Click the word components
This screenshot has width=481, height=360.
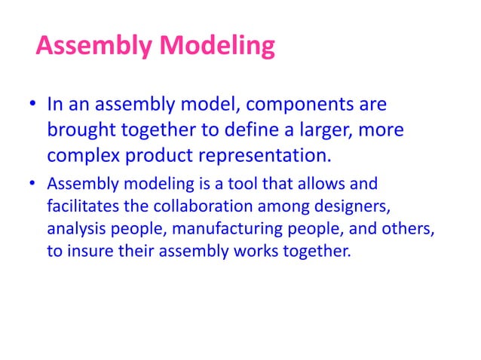coord(300,102)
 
